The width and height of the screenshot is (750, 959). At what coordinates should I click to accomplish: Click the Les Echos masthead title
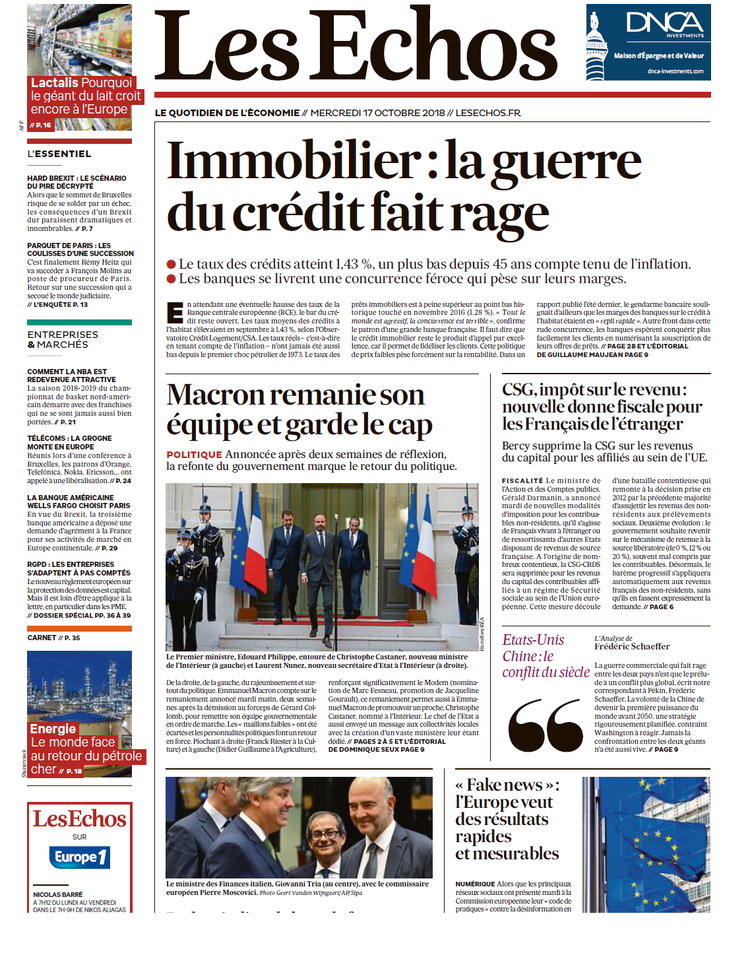[356, 46]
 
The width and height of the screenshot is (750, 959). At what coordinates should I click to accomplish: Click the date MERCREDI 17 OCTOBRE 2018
[377, 113]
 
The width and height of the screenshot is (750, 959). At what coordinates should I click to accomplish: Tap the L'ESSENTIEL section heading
[59, 154]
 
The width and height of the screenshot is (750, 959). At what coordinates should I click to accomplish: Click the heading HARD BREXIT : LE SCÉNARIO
[77, 178]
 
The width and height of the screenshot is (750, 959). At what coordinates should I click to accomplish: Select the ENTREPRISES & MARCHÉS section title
[63, 340]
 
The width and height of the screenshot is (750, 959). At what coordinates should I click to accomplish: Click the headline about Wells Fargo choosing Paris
[78, 502]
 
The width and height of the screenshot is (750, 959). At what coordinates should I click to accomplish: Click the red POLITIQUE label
[194, 455]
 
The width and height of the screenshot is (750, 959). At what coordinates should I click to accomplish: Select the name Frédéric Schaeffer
[631, 647]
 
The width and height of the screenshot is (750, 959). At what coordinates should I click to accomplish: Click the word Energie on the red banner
[53, 729]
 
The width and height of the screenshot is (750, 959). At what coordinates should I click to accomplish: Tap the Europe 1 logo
[79, 857]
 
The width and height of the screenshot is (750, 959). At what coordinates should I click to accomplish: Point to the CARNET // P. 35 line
[53, 638]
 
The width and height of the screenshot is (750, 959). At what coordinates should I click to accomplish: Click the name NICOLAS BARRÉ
[58, 894]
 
